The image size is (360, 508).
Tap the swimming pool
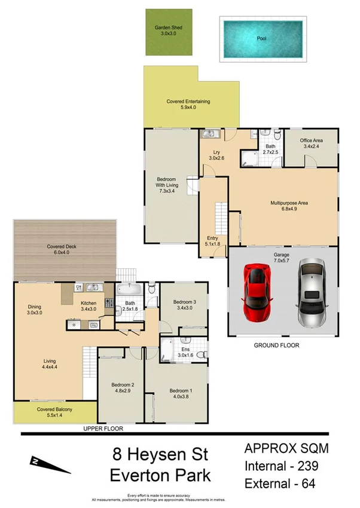pyautogui.click(x=261, y=39)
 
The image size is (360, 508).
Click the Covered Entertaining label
pyautogui.click(x=188, y=102)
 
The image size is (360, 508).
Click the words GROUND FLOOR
pyautogui.click(x=276, y=345)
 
